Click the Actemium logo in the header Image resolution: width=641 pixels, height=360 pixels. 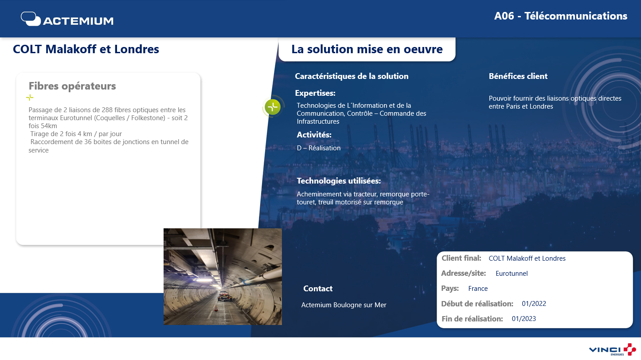pos(67,19)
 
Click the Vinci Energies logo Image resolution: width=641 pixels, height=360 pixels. pos(612,349)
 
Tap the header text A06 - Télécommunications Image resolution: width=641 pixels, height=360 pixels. pos(560,16)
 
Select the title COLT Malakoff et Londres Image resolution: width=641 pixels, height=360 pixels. pos(86,49)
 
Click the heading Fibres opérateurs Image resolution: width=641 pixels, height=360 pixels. pos(72,86)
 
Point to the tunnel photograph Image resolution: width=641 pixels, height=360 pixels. pos(223,277)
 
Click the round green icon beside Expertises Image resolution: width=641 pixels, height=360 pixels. pos(273,107)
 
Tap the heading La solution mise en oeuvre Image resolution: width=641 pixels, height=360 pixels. pos(367,49)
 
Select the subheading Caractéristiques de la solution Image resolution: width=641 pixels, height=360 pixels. pos(352,76)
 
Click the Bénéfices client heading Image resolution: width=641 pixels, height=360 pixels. pos(518,76)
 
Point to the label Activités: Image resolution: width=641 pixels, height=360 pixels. pos(314,135)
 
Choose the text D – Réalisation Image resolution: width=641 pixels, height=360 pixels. pos(319,148)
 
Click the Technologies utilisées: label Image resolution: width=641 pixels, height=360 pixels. pos(339,181)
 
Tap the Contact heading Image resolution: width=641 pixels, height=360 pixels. pos(318,289)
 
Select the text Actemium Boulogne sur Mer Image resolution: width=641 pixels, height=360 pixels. pos(344,305)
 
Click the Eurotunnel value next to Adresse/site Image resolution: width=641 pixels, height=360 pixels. pos(512,274)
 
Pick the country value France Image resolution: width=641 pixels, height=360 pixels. pos(478,289)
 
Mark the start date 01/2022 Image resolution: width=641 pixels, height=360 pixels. pos(534,304)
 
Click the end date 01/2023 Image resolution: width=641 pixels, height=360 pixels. pos(524,319)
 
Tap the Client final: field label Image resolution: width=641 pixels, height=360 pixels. pos(461,258)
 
